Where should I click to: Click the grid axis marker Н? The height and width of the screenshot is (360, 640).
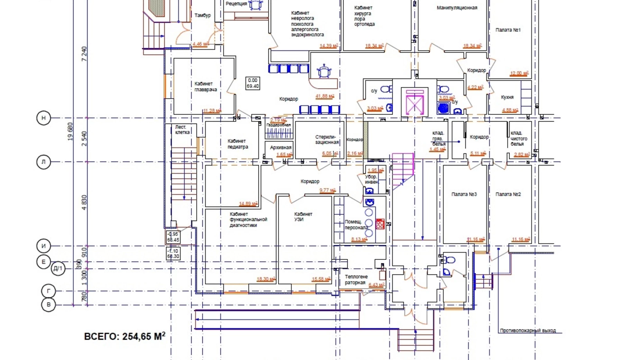[44, 118]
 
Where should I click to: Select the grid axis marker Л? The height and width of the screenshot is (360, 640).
[44, 162]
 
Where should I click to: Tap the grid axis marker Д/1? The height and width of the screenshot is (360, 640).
[58, 269]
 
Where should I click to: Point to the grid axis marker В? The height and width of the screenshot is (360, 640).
[48, 305]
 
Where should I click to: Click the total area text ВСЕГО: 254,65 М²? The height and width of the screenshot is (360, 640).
[125, 336]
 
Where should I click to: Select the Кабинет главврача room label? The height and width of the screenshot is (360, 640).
[205, 87]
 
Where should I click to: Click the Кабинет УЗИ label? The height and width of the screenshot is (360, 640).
[303, 217]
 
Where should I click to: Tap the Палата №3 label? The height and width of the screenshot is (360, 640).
[464, 194]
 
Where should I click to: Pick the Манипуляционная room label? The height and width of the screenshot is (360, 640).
[457, 8]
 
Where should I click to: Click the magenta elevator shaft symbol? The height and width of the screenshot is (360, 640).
[414, 102]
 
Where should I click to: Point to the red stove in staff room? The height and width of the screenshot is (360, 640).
[380, 224]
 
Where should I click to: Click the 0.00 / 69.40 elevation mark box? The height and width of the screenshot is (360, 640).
[253, 83]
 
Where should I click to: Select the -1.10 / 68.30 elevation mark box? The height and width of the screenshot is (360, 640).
[173, 254]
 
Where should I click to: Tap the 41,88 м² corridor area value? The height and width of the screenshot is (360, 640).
[324, 96]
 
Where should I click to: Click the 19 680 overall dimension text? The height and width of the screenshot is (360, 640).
[71, 132]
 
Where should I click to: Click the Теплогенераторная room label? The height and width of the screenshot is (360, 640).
[356, 280]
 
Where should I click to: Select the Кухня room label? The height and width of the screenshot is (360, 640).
[507, 97]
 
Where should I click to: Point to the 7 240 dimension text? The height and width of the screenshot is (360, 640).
[84, 54]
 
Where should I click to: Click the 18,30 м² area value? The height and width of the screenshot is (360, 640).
[265, 279]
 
